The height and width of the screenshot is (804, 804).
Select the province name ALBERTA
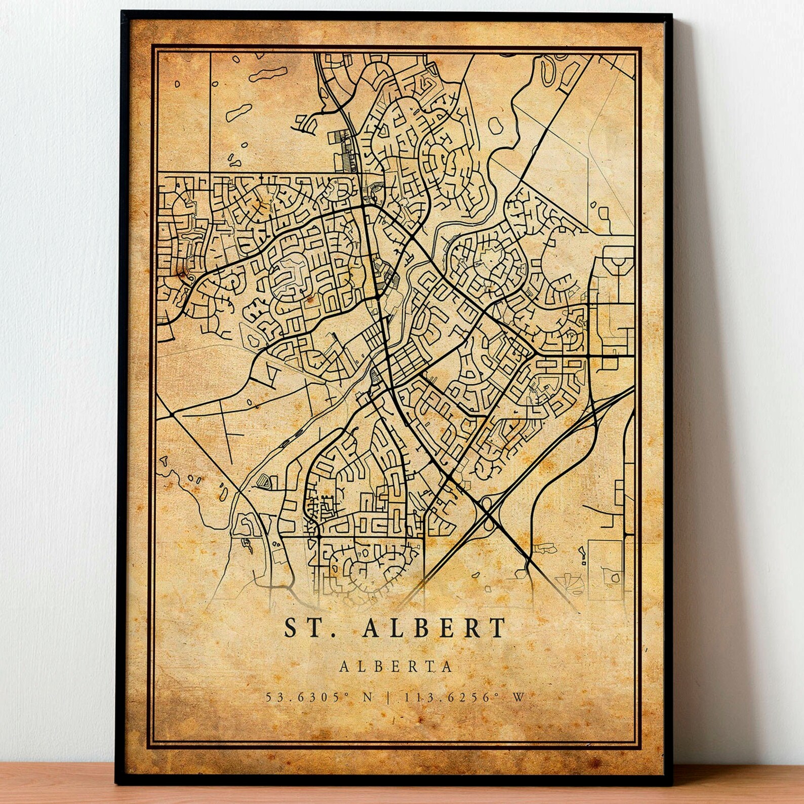(x=395, y=666)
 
